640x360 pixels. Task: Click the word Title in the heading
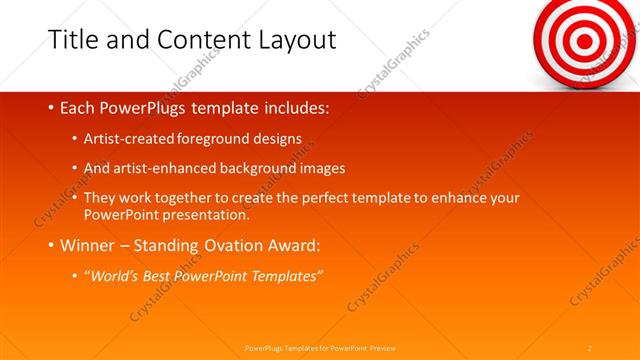pos(72,39)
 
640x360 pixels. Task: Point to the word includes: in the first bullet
pos(294,107)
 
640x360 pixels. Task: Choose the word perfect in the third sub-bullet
pos(337,198)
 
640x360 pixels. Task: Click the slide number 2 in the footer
pos(590,347)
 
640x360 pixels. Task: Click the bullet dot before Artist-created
pos(75,139)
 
